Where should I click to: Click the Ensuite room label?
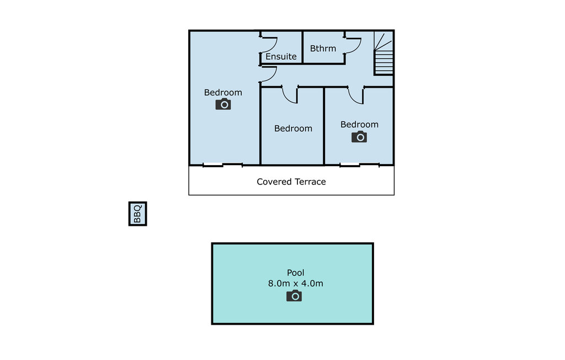(281, 57)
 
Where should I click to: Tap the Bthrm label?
(323, 49)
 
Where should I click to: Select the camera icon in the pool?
(294, 296)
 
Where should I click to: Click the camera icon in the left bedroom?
(223, 104)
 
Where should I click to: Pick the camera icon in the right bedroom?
(359, 137)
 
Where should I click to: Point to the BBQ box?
(137, 214)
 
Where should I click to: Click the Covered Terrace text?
(291, 182)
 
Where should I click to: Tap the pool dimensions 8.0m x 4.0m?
(296, 283)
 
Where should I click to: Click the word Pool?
(296, 273)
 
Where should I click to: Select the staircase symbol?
(383, 53)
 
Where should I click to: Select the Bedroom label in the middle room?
(293, 129)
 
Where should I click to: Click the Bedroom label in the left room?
(223, 93)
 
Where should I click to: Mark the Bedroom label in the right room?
(359, 125)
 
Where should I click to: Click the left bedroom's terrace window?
(223, 165)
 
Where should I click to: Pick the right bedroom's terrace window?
(360, 165)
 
